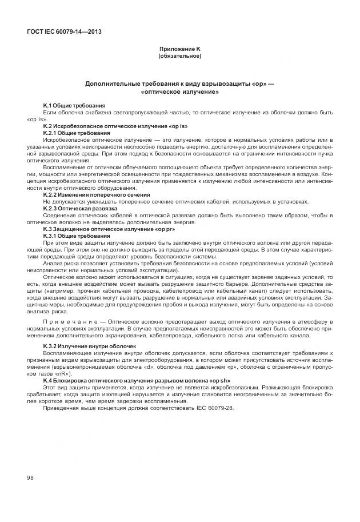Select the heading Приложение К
coord(179,50)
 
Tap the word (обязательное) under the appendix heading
coord(179,56)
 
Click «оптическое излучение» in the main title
coord(179,91)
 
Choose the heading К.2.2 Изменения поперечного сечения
coord(97,194)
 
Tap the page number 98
coord(30,477)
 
